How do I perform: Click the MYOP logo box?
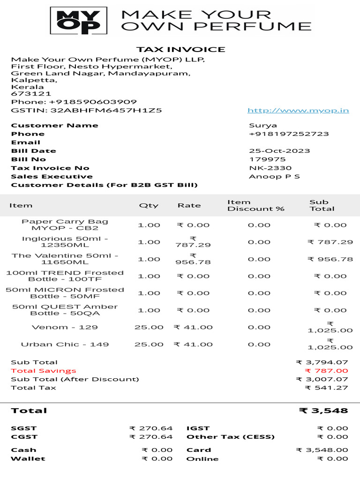tap(78, 21)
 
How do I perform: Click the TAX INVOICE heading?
tap(180, 49)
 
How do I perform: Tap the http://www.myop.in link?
tap(298, 111)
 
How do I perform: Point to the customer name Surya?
tap(262, 125)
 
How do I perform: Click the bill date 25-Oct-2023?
tap(279, 151)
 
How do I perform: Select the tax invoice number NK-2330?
tap(270, 168)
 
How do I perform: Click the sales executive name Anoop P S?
tap(274, 176)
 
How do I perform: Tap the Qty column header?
tap(149, 205)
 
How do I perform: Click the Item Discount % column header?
tap(255, 205)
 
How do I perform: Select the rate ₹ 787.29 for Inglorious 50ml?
tap(193, 242)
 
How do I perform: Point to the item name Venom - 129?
tap(65, 327)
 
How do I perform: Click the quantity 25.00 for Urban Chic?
tap(149, 344)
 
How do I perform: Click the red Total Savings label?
tap(37, 370)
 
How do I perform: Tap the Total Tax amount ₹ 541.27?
tap(326, 388)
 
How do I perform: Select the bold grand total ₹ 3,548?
tap(323, 411)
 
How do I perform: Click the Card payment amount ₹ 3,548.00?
tap(322, 450)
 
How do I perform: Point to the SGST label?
tap(23, 428)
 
